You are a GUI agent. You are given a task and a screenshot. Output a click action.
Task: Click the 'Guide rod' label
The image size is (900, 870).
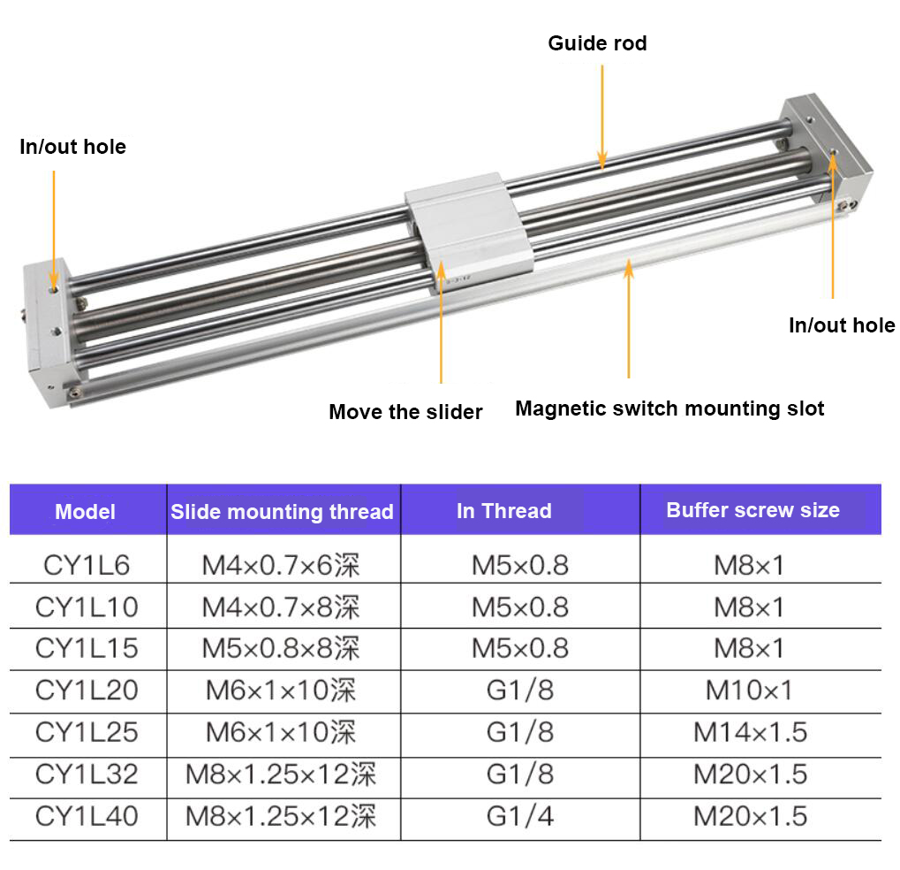[597, 43]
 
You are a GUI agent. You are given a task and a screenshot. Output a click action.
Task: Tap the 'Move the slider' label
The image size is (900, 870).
[405, 411]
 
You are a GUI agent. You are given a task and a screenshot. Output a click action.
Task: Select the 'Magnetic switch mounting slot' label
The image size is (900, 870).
[669, 408]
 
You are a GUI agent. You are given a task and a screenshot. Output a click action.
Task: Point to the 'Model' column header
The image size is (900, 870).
[86, 511]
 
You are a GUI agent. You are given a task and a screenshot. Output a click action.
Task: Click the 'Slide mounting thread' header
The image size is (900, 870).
[282, 511]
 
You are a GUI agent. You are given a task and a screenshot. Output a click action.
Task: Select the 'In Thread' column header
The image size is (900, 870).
[503, 511]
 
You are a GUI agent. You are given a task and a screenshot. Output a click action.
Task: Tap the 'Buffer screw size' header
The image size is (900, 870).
[753, 510]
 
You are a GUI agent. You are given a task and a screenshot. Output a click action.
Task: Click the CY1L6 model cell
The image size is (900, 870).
[86, 564]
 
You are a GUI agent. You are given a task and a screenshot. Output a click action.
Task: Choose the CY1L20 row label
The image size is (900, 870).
[87, 690]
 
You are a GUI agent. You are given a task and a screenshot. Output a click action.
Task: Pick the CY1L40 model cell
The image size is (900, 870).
[87, 816]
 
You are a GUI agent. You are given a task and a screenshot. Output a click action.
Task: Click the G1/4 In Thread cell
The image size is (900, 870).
[519, 816]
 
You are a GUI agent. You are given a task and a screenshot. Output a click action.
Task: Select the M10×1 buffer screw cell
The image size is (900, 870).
[749, 690]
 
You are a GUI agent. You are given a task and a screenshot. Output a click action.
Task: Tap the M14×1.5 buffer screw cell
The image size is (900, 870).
[750, 732]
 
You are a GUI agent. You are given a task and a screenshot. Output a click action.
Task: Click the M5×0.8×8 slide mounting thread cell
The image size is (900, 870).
[281, 648]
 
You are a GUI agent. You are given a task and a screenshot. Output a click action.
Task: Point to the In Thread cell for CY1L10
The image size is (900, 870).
[519, 607]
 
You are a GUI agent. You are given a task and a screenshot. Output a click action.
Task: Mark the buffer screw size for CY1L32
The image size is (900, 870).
[750, 775]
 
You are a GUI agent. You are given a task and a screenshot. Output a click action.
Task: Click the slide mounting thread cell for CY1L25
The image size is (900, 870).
[281, 732]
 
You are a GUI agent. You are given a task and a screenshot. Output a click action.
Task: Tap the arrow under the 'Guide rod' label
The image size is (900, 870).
[602, 115]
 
